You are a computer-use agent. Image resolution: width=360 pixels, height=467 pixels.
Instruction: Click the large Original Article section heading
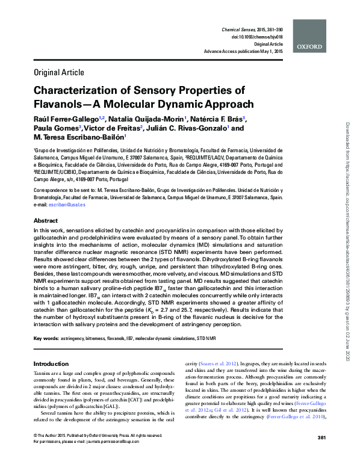point(58,73)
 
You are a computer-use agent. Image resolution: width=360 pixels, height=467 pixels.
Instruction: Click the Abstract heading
point(46,221)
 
